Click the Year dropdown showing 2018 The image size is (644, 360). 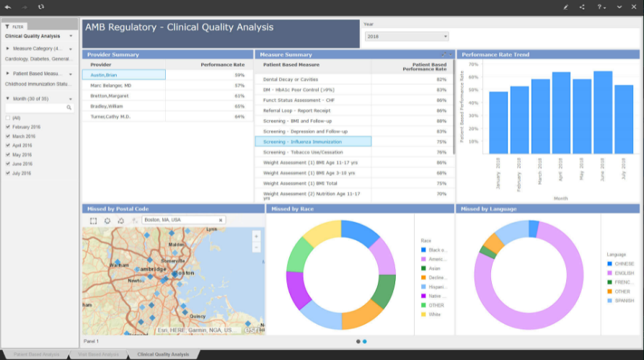407,36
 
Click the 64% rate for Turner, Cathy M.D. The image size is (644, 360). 239,116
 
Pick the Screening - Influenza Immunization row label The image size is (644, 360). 302,142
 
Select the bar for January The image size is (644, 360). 498,122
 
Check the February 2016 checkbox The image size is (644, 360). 8,127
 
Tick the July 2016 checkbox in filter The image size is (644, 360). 8,173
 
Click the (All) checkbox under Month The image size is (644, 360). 8,118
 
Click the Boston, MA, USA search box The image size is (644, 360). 180,220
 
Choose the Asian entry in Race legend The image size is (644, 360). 434,268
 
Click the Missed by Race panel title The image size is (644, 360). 291,208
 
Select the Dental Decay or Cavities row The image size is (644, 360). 290,79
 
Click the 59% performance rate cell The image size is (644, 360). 239,75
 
